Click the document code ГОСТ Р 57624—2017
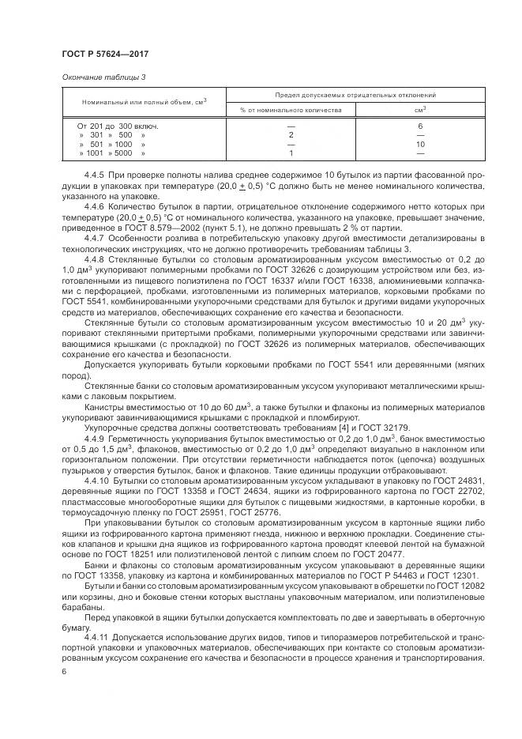pyautogui.click(x=105, y=54)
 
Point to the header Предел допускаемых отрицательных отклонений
pyautogui.click(x=355, y=95)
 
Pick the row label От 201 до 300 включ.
pyautogui.click(x=118, y=126)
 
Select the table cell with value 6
pyautogui.click(x=420, y=126)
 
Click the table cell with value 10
pyautogui.click(x=420, y=145)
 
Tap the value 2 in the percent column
pyautogui.click(x=291, y=135)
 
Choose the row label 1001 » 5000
pyautogui.click(x=111, y=153)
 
